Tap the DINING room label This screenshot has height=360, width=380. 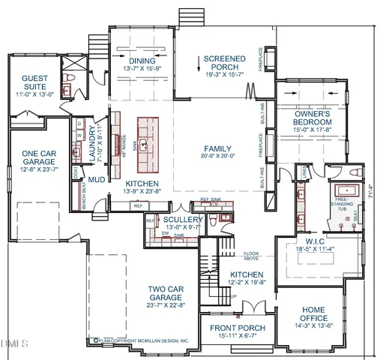141,61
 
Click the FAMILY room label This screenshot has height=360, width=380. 217,148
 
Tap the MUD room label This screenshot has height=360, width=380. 96,180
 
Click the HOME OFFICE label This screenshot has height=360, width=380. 313,313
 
